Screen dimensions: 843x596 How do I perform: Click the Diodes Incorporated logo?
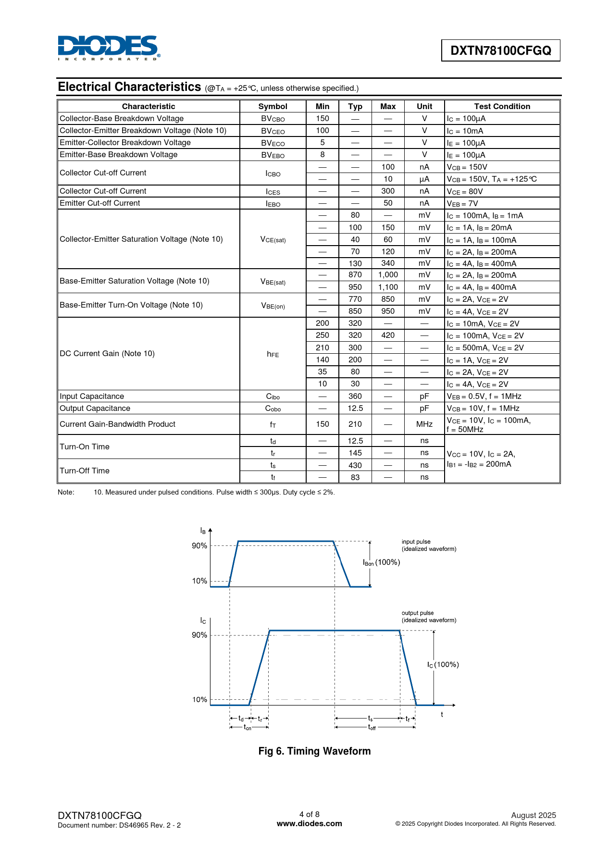tap(109, 48)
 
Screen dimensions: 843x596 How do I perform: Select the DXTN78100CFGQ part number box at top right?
tap(500, 50)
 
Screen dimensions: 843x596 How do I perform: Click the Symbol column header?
tap(273, 106)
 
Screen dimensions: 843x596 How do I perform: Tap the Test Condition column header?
tap(502, 106)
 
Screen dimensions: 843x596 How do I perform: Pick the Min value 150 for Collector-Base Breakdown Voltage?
tap(323, 118)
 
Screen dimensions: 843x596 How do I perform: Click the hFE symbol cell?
tap(273, 354)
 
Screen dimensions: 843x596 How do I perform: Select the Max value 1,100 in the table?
tap(388, 287)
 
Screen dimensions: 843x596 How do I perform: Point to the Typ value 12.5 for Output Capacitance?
tap(355, 408)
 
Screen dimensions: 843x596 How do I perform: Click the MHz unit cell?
tap(424, 424)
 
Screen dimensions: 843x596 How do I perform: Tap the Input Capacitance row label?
tap(92, 396)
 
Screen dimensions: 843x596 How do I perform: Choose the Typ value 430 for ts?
tap(355, 465)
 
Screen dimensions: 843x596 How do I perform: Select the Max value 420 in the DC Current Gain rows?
tap(388, 335)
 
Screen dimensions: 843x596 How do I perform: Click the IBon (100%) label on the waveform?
tap(382, 562)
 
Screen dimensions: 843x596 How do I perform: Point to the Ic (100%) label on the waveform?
tap(443, 665)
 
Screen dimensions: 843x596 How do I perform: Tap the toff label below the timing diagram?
tap(372, 728)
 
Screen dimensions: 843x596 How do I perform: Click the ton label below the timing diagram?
tap(248, 728)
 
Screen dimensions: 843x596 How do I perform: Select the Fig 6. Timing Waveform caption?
tap(314, 751)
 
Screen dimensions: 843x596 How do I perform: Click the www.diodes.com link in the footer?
tap(310, 823)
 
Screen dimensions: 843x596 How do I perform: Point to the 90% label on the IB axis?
tap(199, 545)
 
